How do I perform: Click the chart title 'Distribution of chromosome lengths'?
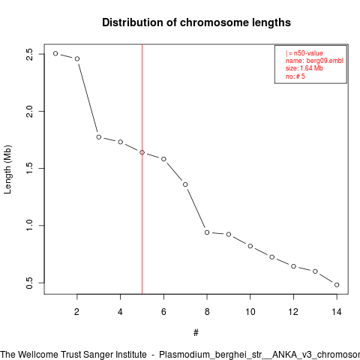click(x=196, y=22)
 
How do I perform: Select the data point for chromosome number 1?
click(x=55, y=53)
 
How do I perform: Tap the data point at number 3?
click(x=99, y=137)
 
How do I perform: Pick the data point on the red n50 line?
click(x=142, y=152)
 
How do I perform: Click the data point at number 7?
click(x=185, y=184)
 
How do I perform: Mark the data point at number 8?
click(x=207, y=232)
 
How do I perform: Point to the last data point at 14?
click(x=337, y=285)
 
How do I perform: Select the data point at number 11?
click(x=272, y=257)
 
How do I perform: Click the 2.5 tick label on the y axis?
click(x=29, y=54)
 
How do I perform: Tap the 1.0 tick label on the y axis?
click(x=29, y=226)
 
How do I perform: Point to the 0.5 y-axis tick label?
click(x=29, y=283)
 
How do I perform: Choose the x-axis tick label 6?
click(x=163, y=312)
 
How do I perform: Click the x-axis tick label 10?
click(x=250, y=312)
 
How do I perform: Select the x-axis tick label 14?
click(x=337, y=312)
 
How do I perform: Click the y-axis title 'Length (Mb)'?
click(x=7, y=169)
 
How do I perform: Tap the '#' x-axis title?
click(x=196, y=333)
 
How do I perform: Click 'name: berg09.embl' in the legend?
click(x=314, y=61)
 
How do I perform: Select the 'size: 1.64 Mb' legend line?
click(x=304, y=68)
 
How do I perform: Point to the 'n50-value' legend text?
click(x=308, y=53)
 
